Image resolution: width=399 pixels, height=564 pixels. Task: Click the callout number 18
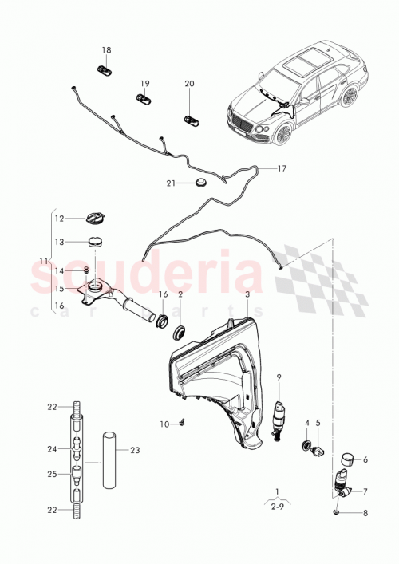[106, 51]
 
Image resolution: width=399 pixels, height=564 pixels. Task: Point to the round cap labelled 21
[199, 183]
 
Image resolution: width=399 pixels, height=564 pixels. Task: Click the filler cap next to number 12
[94, 217]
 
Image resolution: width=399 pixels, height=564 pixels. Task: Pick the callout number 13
[59, 242]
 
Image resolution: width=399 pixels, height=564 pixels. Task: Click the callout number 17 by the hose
[282, 169]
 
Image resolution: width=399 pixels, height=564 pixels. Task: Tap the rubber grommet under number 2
[180, 329]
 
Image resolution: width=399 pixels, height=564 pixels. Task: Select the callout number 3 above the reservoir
[247, 294]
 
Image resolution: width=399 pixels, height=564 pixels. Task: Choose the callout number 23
[135, 450]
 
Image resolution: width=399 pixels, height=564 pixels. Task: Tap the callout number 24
[52, 449]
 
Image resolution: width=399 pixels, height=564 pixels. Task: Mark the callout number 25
[52, 475]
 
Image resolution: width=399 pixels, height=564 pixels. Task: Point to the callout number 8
[366, 515]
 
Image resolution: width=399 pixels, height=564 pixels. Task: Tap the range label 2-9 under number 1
[277, 505]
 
